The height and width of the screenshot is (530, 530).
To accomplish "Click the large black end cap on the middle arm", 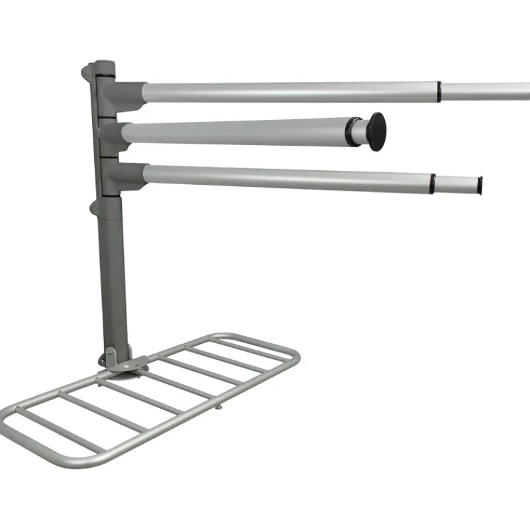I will point(376,131).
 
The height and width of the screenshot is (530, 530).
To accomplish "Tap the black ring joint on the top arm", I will point(439,91).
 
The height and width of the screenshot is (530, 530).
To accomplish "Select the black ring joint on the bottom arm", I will point(433,184).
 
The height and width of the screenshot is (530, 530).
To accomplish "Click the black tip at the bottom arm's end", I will point(480,185).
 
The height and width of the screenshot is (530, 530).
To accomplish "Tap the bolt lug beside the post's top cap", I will point(86,71).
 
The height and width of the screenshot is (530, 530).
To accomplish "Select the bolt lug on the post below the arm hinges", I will point(94,209).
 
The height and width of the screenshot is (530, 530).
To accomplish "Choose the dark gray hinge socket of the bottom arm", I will point(126,175).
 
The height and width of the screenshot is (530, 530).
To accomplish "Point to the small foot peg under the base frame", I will point(218,405).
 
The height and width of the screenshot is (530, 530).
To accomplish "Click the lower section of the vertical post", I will point(113,278).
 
